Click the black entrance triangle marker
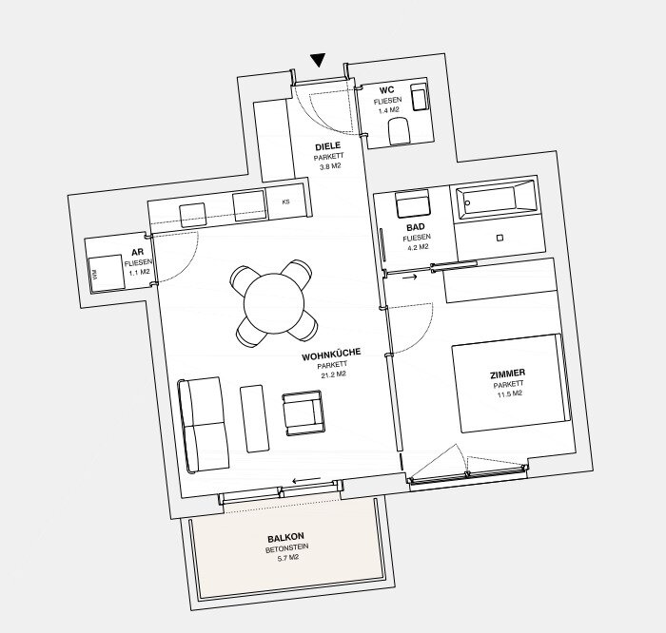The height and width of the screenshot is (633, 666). click(x=317, y=59)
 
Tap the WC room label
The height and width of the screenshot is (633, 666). click(x=386, y=90)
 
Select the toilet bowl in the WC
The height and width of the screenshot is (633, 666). click(x=399, y=131)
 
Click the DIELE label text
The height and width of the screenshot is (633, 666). click(x=328, y=146)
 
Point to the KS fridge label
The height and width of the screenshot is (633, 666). click(x=285, y=201)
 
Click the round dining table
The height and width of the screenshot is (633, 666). click(x=274, y=303)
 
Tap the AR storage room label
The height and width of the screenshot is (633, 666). click(x=138, y=252)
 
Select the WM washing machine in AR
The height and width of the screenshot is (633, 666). click(x=106, y=274)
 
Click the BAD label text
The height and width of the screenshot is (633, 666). click(x=416, y=227)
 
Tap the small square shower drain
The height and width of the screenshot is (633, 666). click(x=499, y=238)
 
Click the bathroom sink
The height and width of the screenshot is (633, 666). click(x=413, y=204)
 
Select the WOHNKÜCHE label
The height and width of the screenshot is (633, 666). click(x=331, y=355)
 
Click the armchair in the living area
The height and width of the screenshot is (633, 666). click(x=304, y=412)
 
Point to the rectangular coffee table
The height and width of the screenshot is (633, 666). click(x=254, y=419)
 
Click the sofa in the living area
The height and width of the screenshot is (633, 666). click(x=204, y=425)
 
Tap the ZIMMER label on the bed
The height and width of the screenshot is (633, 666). click(x=507, y=374)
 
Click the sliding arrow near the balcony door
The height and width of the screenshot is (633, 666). click(x=306, y=480)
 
